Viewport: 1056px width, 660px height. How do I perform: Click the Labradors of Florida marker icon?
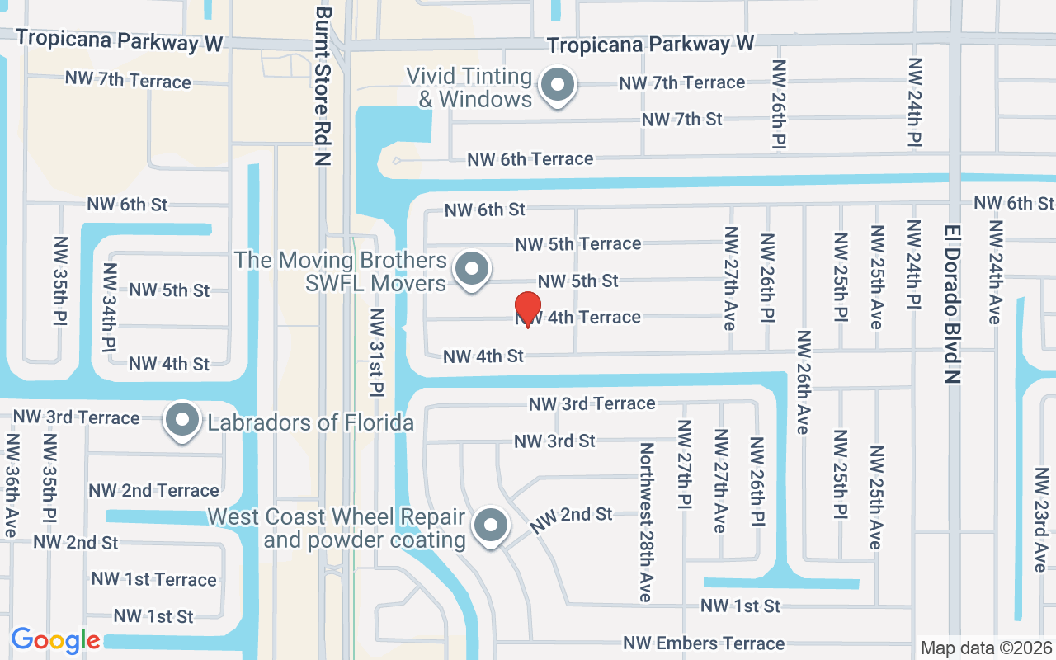182,422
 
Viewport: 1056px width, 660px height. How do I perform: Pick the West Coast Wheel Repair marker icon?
492,526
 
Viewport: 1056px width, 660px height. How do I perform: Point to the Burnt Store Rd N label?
323,87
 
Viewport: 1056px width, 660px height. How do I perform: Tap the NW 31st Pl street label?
378,351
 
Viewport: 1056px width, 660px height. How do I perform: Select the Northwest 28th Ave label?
646,522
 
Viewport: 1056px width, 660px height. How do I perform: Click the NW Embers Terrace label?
704,643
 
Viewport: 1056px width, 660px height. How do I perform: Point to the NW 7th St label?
681,120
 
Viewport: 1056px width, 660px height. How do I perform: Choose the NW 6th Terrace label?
530,159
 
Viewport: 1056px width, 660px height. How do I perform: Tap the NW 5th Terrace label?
577,244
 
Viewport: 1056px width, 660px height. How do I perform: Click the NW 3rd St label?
554,441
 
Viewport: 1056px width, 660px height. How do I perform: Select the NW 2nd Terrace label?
153,491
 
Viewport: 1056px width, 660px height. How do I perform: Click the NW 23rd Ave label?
1041,520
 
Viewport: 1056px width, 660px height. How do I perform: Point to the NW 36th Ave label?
12,487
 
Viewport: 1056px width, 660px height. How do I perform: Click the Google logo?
55,640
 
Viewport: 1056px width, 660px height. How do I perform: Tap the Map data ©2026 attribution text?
986,648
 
